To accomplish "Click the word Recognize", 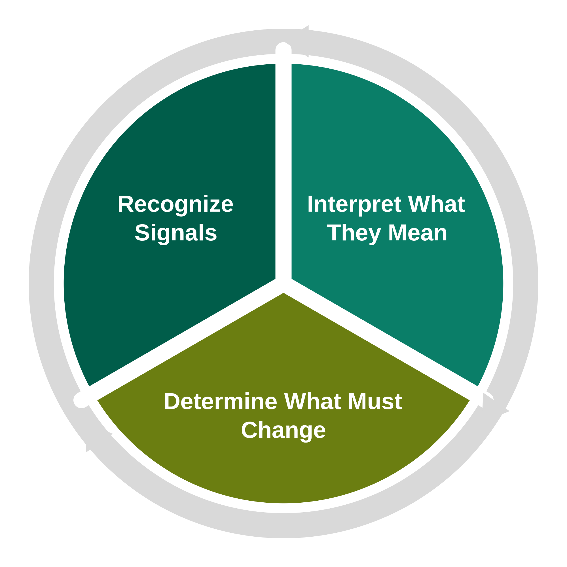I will (x=175, y=205).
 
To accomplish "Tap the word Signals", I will (x=176, y=233).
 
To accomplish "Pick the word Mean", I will (x=418, y=233).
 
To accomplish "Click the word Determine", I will (x=220, y=402).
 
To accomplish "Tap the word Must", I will (x=375, y=401).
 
